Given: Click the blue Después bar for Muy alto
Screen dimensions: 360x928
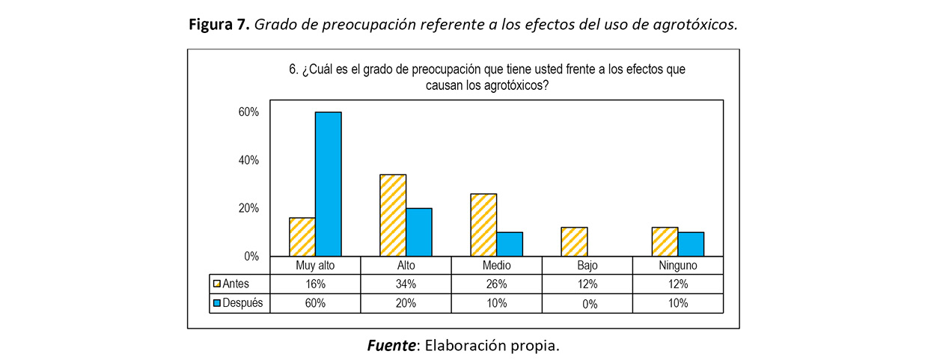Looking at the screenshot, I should [328, 184].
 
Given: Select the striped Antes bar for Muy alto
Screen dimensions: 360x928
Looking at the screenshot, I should [302, 237].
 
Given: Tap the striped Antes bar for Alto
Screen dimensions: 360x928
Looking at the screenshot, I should [393, 216].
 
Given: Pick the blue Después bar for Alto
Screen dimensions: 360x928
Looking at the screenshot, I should [419, 232].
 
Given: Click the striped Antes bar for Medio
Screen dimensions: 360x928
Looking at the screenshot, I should [483, 225].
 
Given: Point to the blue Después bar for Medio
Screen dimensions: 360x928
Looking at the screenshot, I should [510, 244].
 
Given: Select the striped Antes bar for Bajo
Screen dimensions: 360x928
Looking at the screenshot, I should [574, 242].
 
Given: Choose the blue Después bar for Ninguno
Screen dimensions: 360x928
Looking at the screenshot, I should [691, 244].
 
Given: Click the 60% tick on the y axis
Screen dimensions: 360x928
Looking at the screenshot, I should [248, 112].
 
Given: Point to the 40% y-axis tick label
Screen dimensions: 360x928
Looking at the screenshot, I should [248, 160].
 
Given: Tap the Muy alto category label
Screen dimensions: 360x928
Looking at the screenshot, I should [315, 266].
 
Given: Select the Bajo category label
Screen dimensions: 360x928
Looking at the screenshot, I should [587, 266].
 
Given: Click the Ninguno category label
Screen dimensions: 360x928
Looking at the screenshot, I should [678, 266].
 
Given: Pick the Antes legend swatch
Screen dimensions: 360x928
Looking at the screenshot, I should [217, 284].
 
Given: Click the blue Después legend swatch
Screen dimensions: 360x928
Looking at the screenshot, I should [217, 303].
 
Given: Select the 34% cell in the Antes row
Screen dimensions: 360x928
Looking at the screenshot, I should [406, 284].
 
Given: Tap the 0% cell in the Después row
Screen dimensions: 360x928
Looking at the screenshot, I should [587, 304].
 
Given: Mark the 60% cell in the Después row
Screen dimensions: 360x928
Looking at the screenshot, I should [315, 303].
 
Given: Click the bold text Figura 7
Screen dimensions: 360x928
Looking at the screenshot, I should [219, 25].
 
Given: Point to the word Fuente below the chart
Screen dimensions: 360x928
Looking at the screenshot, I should [392, 346].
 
